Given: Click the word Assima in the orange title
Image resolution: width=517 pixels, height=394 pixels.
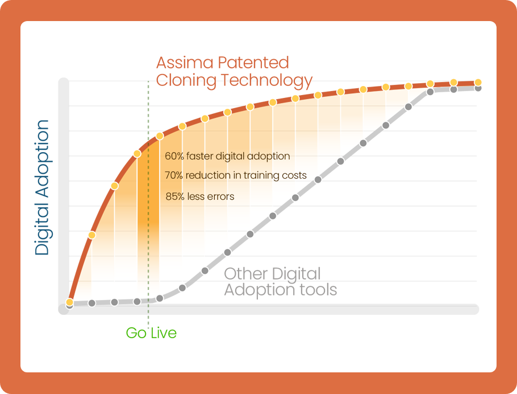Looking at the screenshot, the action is tap(185, 63).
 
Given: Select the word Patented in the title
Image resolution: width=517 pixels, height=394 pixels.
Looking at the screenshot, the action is tap(253, 63).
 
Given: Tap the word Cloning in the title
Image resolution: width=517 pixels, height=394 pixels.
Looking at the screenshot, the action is tap(186, 80).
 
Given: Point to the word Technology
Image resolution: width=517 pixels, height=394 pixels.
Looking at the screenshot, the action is tap(267, 81).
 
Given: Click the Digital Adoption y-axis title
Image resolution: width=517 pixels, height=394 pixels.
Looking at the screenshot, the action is tap(42, 187).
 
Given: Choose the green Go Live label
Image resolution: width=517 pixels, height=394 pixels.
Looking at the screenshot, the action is tap(151, 333).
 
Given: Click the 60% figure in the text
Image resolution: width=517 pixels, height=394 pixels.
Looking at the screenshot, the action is tap(174, 156).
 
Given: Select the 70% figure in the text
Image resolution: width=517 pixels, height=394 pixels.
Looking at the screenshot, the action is tap(174, 175).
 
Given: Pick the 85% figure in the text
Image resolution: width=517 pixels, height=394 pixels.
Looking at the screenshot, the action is tap(175, 196).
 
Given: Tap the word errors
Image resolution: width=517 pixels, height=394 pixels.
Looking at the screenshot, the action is tap(221, 196).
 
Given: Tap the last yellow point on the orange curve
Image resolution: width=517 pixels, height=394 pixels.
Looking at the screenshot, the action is tap(478, 83).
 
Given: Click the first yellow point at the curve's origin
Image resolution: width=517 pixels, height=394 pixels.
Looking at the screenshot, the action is tap(69, 302).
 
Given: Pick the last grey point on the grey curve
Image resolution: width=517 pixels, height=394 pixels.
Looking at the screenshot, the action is tap(478, 88).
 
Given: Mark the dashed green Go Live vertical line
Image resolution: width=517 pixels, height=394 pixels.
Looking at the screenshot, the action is tap(148, 203).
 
